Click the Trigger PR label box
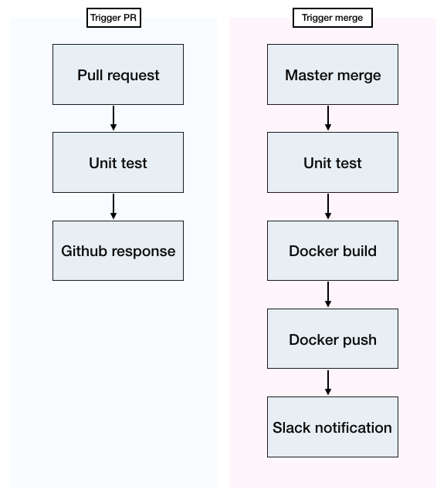[x=113, y=18]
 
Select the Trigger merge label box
[x=333, y=18]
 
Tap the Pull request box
[x=118, y=74]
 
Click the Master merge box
[x=333, y=74]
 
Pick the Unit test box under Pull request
[x=118, y=162]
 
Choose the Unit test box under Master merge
[x=333, y=162]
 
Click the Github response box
[x=118, y=251]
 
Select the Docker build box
[x=333, y=251]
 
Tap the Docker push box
[x=333, y=339]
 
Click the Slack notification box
[x=333, y=427]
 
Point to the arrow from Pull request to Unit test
[x=113, y=118]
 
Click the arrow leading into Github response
[x=113, y=206]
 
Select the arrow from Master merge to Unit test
[x=328, y=118]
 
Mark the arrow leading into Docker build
[x=328, y=206]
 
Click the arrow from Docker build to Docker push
[x=328, y=294]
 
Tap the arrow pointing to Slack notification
[x=328, y=383]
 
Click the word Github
[x=84, y=251]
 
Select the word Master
[x=309, y=76]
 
